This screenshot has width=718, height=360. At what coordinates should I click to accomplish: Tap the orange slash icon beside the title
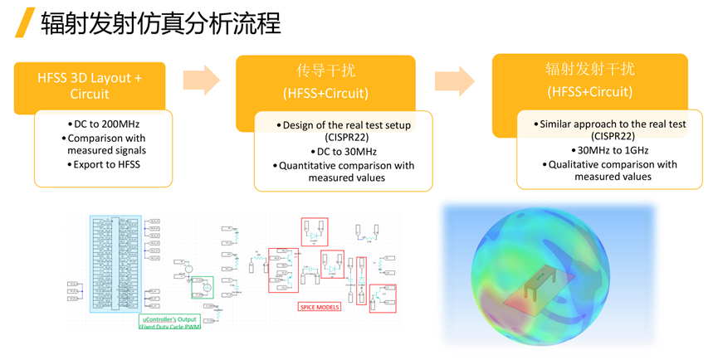27,22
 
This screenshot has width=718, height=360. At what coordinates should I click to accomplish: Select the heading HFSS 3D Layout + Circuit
90,85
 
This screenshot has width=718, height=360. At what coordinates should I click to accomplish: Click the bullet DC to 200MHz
106,124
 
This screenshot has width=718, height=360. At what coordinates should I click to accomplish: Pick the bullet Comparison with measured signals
106,144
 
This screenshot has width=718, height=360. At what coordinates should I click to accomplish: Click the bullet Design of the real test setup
344,124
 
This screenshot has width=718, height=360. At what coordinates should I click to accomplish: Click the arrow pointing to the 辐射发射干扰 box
455,80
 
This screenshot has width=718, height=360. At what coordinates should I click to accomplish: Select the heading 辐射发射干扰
589,70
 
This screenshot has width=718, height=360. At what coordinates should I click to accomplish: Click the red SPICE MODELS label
320,307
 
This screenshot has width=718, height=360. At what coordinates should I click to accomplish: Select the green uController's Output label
169,321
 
